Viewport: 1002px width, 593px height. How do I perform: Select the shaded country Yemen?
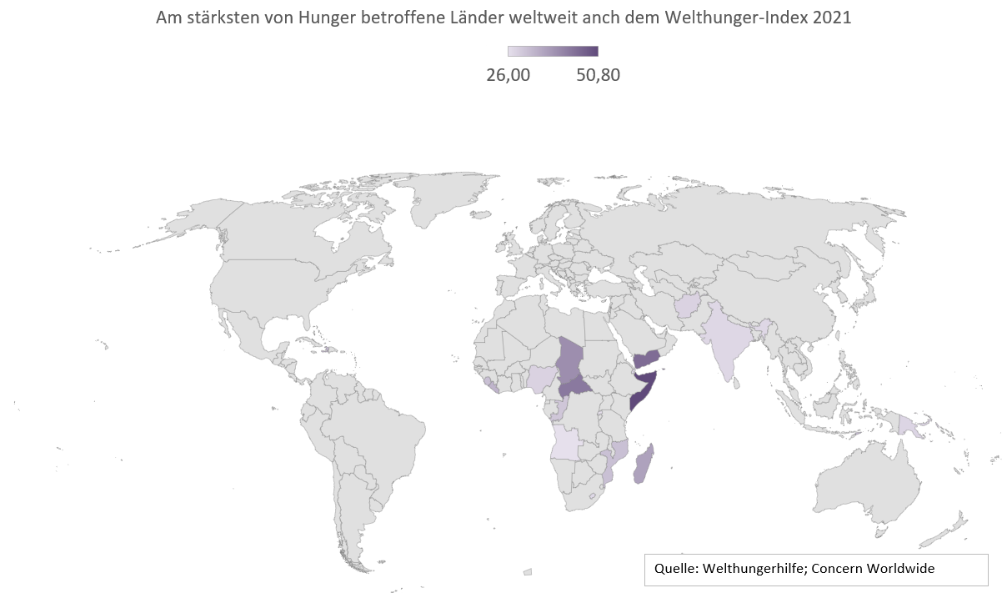[649, 359]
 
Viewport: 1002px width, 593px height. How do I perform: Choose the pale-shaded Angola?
[566, 441]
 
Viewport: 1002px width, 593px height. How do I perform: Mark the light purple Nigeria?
[542, 379]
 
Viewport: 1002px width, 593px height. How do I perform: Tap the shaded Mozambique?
[618, 456]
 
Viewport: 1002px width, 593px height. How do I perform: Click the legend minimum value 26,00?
[508, 74]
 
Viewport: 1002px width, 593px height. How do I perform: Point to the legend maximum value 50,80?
[598, 74]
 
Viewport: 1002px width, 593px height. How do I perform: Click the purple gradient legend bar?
[553, 51]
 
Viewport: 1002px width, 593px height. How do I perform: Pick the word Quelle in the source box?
[674, 569]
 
